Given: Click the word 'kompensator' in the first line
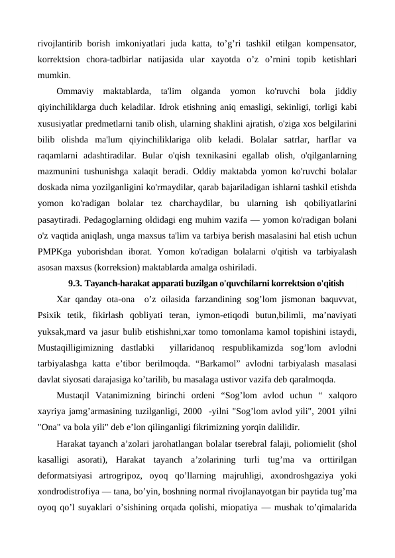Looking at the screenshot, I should [x=329, y=44].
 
